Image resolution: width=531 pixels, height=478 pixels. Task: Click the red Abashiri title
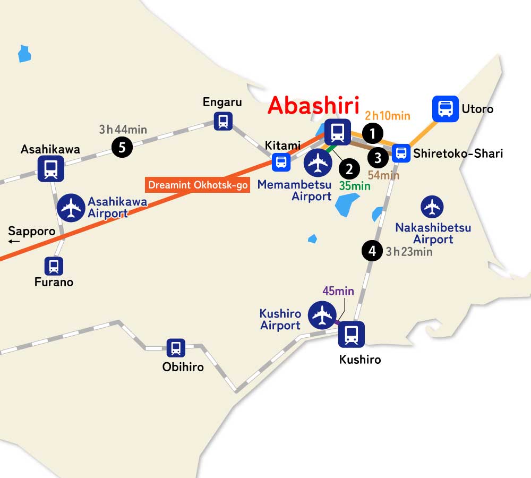click(313, 105)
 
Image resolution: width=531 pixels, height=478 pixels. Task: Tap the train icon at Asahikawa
click(51, 169)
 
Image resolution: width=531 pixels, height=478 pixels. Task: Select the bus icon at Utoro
click(445, 109)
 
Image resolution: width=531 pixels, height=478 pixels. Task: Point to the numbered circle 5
click(122, 147)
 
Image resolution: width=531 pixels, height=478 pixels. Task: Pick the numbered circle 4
click(372, 251)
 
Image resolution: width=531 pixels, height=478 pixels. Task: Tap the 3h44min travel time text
click(123, 129)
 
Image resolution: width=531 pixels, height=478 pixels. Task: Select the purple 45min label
click(338, 291)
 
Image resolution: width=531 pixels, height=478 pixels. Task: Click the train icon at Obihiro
click(176, 348)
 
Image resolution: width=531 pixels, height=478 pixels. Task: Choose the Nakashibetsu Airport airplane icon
click(432, 207)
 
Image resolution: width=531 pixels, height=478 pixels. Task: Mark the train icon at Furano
click(54, 266)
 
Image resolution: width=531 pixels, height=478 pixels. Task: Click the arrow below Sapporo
click(14, 242)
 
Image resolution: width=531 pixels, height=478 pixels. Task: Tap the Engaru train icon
click(223, 121)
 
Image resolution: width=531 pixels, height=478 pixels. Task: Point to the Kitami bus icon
click(281, 162)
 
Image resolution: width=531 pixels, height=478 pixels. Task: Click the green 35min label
click(355, 186)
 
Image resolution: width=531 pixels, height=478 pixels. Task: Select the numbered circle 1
click(373, 134)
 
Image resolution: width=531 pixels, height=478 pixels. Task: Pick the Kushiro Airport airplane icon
click(322, 315)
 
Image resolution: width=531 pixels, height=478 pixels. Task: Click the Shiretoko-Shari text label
click(458, 154)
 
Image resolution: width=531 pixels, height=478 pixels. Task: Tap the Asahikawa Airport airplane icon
click(71, 208)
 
